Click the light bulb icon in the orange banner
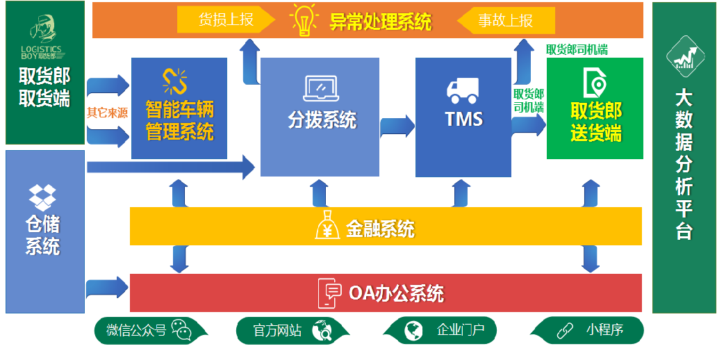304,20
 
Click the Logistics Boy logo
45,37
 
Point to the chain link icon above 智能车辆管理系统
175,81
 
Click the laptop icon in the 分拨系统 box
320,88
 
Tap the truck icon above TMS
463,88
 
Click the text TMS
463,119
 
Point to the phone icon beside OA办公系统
331,293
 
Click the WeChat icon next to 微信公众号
181,330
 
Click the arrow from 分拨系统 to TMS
397,126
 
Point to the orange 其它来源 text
107,113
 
